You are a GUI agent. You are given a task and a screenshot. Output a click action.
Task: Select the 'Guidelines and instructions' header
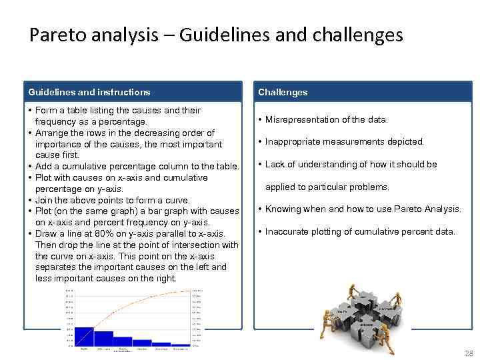(x=89, y=93)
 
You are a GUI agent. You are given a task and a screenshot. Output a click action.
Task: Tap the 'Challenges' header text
(x=283, y=93)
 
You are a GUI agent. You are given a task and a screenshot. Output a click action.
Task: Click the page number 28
(x=468, y=353)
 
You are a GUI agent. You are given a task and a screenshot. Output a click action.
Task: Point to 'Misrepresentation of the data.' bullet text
(x=326, y=120)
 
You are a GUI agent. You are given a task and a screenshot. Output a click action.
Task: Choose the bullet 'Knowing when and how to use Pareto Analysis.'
(x=363, y=209)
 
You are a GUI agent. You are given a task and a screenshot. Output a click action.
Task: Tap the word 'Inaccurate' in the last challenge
(x=287, y=232)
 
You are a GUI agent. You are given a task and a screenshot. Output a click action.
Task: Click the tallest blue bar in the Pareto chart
(x=84, y=337)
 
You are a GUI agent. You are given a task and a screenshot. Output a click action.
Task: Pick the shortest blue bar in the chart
(x=180, y=345)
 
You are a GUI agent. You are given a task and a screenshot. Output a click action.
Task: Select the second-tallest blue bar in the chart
(x=103, y=339)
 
